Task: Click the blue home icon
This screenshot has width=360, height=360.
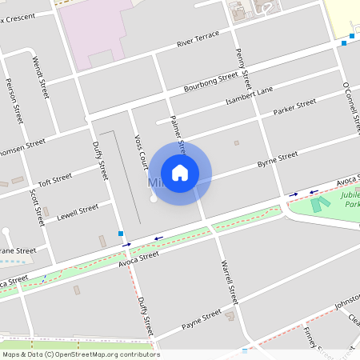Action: [x=180, y=172]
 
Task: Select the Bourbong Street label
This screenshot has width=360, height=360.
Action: [x=210, y=81]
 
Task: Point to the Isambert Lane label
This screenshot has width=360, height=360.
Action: [x=248, y=98]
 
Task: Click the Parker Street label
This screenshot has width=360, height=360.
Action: [x=294, y=108]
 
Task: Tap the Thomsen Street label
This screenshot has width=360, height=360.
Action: [x=22, y=148]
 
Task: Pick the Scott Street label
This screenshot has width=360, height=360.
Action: [x=34, y=206]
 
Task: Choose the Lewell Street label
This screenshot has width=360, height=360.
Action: [x=78, y=212]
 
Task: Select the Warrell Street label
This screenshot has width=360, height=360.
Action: [x=229, y=282]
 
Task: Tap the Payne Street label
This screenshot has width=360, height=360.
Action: [x=201, y=318]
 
